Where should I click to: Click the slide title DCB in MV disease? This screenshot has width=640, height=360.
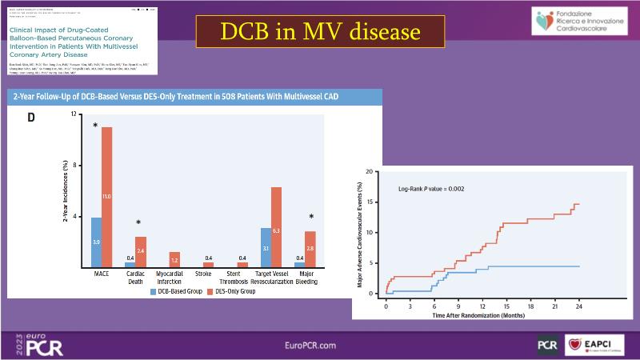(x=320, y=31)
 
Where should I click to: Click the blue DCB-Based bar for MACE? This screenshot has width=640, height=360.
(x=96, y=242)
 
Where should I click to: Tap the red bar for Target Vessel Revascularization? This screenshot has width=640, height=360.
(x=276, y=226)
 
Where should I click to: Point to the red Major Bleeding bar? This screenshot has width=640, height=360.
(x=311, y=249)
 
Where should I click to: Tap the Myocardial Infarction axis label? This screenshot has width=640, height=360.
(x=170, y=278)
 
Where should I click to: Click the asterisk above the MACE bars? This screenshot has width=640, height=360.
(x=95, y=126)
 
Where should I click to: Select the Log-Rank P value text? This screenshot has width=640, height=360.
(x=432, y=189)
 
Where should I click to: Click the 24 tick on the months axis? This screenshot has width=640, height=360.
(x=578, y=306)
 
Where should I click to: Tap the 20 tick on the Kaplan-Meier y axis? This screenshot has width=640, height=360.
(x=371, y=171)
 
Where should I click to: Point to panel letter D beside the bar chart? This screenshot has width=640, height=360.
(x=31, y=118)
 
